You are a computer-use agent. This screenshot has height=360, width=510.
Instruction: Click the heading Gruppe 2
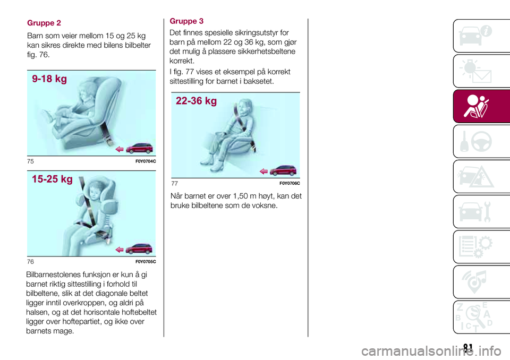point(44,23)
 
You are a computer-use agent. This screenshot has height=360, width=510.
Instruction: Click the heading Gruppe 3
point(186,21)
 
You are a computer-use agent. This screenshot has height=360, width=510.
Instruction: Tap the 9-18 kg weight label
point(49,79)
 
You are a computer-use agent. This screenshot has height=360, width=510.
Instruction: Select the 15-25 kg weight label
point(52,179)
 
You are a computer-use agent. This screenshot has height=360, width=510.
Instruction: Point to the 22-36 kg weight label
point(196,101)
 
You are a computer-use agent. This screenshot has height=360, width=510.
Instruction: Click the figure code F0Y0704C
point(146,161)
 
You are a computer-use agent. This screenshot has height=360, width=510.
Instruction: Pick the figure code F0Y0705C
point(146,262)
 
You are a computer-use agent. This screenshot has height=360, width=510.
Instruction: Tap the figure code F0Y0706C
point(290,183)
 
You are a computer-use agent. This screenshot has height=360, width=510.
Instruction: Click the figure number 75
point(30,161)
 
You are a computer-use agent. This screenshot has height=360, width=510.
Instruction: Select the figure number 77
point(175,183)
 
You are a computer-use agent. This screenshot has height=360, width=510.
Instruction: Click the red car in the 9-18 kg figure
point(139,148)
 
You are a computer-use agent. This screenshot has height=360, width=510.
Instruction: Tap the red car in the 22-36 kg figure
point(283,170)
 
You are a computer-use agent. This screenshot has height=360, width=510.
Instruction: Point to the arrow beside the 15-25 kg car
point(120,250)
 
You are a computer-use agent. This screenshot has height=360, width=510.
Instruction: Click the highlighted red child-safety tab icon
point(476,106)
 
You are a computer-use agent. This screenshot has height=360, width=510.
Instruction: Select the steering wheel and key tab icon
point(476,141)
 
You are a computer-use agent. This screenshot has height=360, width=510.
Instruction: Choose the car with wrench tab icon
point(475,212)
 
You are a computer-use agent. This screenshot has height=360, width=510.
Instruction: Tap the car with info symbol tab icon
point(475,36)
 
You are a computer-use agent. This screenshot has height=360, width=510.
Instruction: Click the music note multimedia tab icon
point(475,281)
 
